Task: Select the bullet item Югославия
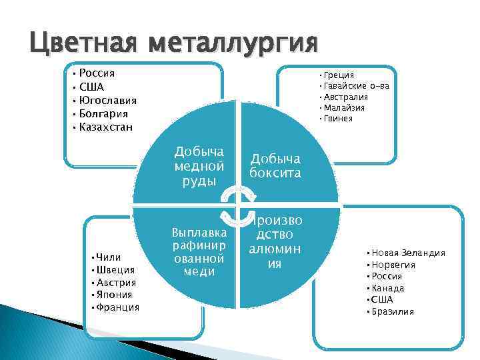pyautogui.click(x=107, y=100)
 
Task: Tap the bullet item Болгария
pyautogui.click(x=105, y=113)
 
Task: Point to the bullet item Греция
pyautogui.click(x=339, y=75)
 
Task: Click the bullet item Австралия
pyautogui.click(x=347, y=97)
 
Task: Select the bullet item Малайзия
pyautogui.click(x=345, y=107)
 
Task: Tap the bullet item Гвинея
pyautogui.click(x=339, y=119)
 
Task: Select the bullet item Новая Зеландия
pyautogui.click(x=408, y=253)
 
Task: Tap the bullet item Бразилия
pyautogui.click(x=393, y=311)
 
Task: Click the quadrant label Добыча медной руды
pyautogui.click(x=198, y=165)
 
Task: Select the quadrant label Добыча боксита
pyautogui.click(x=275, y=165)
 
